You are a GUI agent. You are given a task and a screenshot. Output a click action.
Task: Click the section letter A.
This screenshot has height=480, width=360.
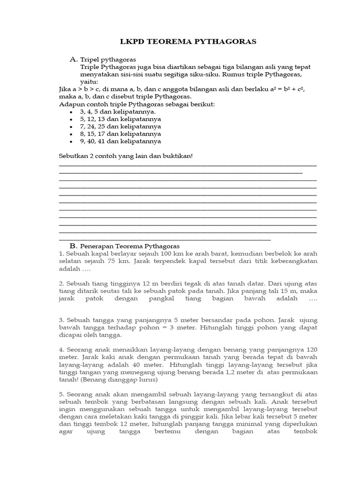(73, 60)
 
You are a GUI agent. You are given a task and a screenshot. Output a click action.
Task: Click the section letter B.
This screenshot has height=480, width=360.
(73, 246)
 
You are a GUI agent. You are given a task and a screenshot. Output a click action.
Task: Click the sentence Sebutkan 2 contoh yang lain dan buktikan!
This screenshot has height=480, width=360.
(126, 156)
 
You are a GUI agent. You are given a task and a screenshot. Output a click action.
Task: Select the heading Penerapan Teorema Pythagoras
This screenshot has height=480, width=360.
(130, 246)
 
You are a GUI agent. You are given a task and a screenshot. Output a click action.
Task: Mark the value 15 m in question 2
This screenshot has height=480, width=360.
(275, 291)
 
